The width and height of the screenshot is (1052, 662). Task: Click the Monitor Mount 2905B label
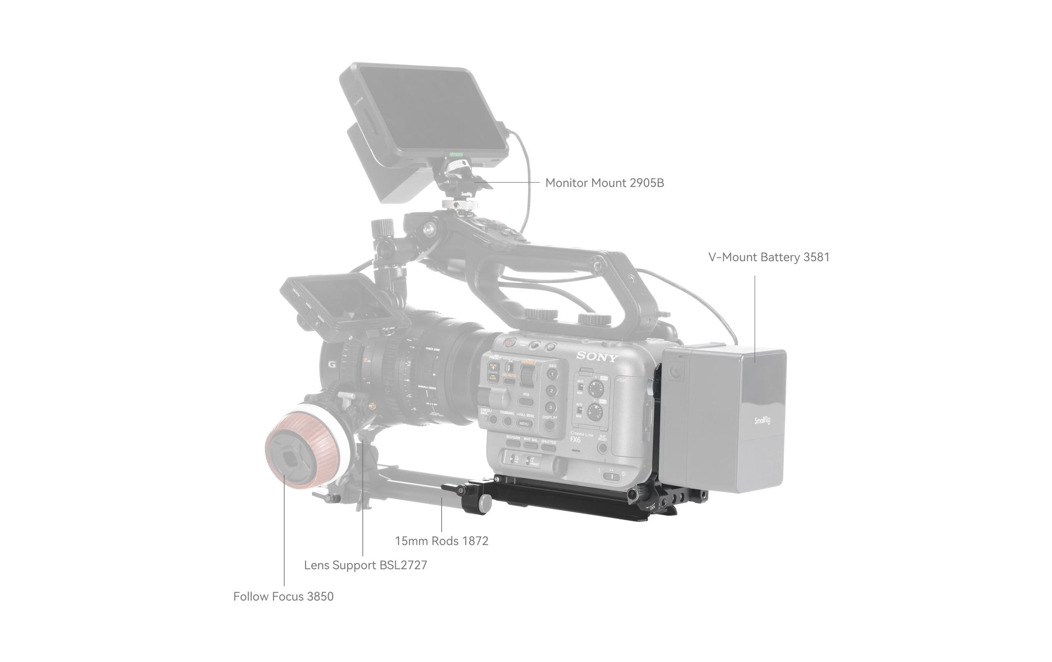point(604,183)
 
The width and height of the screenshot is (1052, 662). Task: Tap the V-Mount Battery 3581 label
point(769,257)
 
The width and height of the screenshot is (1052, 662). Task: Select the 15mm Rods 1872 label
point(441,541)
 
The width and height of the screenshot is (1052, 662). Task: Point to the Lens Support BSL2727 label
point(365,565)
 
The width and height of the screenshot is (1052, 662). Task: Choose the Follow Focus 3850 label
point(283,597)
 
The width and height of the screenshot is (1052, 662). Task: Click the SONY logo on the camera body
point(597,357)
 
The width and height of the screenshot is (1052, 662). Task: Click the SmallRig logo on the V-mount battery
point(762,420)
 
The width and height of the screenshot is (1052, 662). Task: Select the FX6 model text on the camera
point(575,440)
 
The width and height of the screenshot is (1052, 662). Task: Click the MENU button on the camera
point(524,424)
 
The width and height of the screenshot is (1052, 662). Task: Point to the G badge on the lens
point(331,365)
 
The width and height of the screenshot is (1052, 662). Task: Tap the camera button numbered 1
point(552,374)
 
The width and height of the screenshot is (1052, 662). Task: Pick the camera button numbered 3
point(551,408)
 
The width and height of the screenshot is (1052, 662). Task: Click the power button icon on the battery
point(676,372)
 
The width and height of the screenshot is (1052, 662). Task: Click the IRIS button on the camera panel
point(526,400)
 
